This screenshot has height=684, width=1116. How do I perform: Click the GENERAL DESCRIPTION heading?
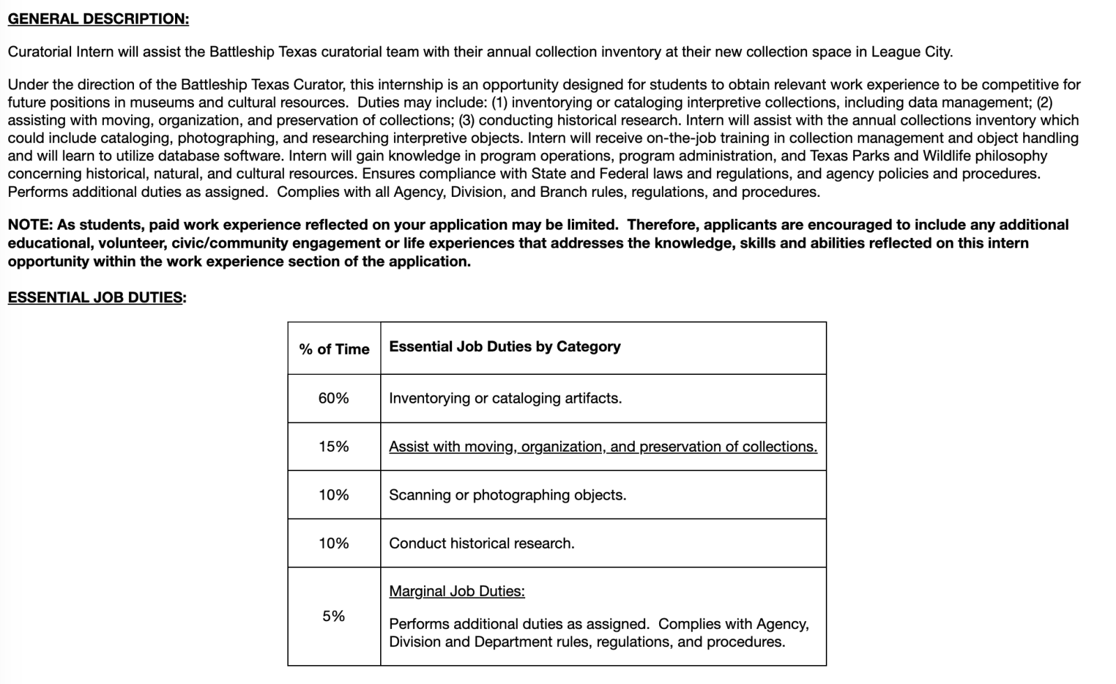(x=98, y=19)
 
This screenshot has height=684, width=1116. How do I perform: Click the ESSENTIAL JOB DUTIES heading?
(x=96, y=297)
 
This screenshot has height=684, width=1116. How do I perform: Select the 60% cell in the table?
(x=333, y=399)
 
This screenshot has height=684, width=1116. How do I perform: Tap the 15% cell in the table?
(x=333, y=447)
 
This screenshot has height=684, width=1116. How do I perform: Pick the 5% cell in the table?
(x=333, y=616)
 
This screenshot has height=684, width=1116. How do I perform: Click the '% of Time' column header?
(x=334, y=349)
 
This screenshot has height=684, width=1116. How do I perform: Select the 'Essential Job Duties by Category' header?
(x=504, y=347)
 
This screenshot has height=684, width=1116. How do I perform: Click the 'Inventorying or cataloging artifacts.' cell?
(x=505, y=399)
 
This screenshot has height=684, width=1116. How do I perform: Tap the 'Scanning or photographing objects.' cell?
(x=507, y=495)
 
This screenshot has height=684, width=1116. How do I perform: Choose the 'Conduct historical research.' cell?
(x=481, y=543)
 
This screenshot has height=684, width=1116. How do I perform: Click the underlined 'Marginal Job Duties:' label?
(x=457, y=591)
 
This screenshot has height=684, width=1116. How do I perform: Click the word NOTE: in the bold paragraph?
(x=30, y=225)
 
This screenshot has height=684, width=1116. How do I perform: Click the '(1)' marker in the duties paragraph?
(x=499, y=103)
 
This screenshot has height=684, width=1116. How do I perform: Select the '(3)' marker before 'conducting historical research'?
(x=467, y=120)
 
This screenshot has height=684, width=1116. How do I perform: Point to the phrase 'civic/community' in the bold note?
(x=218, y=243)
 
